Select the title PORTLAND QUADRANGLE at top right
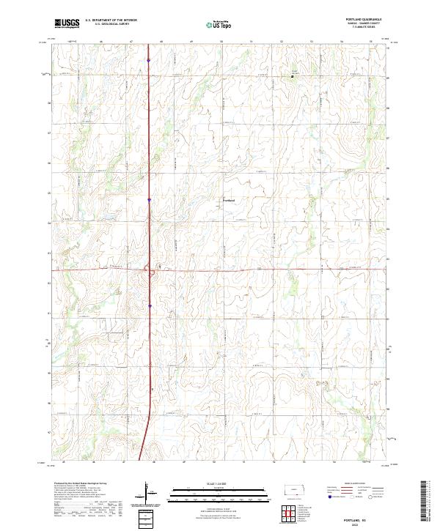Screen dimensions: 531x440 tap(367, 19)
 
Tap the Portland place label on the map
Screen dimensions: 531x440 tap(228, 199)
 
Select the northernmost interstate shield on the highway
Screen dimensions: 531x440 tap(149, 60)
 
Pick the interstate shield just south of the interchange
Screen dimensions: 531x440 tap(150, 306)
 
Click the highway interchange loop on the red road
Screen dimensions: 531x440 tap(152, 273)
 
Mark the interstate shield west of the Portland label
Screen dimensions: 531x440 tap(149, 198)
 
